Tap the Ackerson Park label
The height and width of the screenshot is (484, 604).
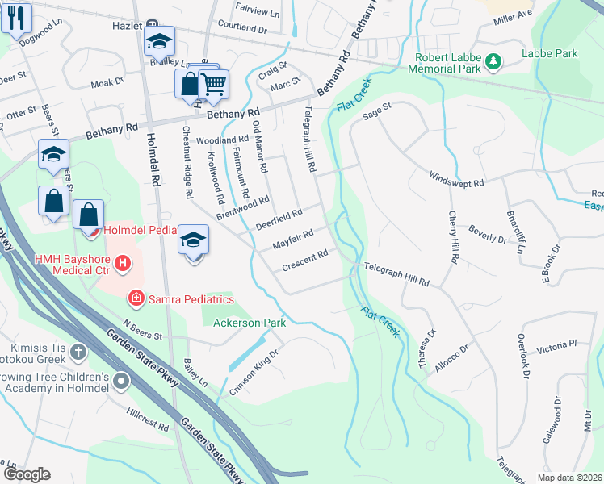250,323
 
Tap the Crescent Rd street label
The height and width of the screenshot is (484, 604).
304,261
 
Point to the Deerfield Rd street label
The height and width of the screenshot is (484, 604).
279,219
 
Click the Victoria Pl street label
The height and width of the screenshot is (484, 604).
556,344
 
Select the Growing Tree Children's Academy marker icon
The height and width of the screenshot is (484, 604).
122,381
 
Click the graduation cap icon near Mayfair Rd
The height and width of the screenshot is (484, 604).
194,240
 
